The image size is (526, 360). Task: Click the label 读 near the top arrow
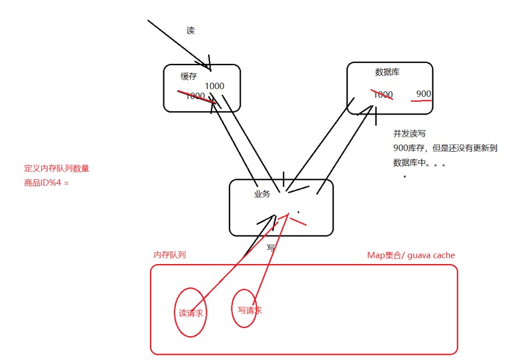point(191,31)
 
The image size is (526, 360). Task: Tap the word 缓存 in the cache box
point(189,77)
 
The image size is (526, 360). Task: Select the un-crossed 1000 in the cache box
point(214,86)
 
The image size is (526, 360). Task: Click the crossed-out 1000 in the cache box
point(195,96)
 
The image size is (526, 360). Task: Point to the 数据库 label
point(387,72)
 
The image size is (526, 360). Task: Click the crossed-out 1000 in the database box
point(382,94)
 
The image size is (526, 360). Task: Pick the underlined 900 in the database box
point(424,94)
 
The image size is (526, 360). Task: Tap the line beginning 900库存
point(445,148)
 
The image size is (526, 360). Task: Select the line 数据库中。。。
point(419,162)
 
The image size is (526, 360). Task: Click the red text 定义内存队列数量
point(56,169)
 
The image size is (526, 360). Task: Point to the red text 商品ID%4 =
point(46,183)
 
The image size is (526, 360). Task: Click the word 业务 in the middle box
point(262,194)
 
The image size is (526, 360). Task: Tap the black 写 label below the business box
point(270,247)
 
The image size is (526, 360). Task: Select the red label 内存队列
point(170,255)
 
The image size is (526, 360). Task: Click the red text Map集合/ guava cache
point(411,255)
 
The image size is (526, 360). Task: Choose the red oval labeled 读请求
point(190,312)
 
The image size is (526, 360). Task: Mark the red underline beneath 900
point(421,101)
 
